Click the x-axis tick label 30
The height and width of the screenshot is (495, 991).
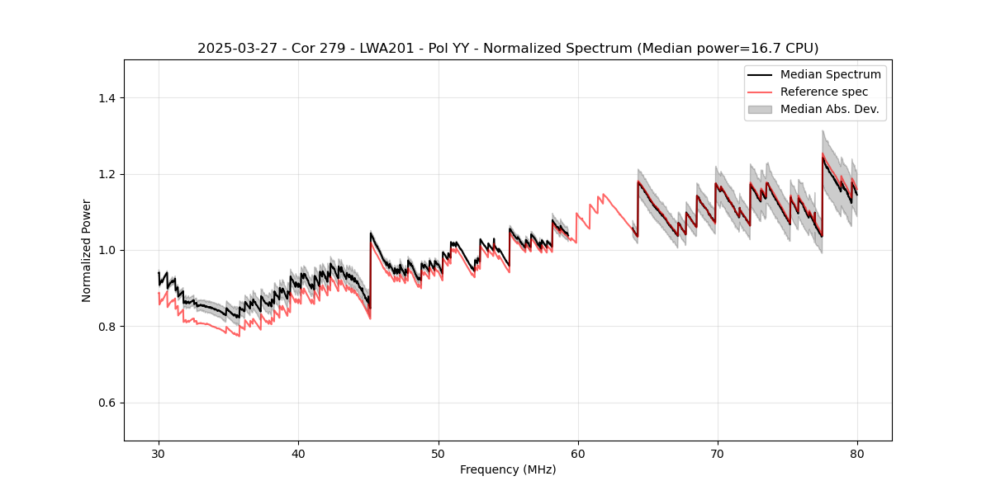tap(159, 453)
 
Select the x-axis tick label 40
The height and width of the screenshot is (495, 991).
tap(298, 453)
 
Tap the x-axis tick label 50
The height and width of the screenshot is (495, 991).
tap(439, 453)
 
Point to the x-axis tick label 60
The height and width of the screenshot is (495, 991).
tap(578, 453)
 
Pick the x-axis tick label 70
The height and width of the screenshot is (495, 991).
tap(718, 453)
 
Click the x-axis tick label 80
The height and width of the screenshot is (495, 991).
tap(857, 453)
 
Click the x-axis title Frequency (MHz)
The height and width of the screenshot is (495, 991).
tap(508, 469)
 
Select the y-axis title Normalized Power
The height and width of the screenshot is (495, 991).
tap(87, 250)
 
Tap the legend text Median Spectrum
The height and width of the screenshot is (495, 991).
tap(830, 74)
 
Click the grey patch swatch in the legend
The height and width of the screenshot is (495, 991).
tap(760, 109)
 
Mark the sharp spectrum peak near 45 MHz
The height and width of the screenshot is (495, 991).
tap(371, 233)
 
